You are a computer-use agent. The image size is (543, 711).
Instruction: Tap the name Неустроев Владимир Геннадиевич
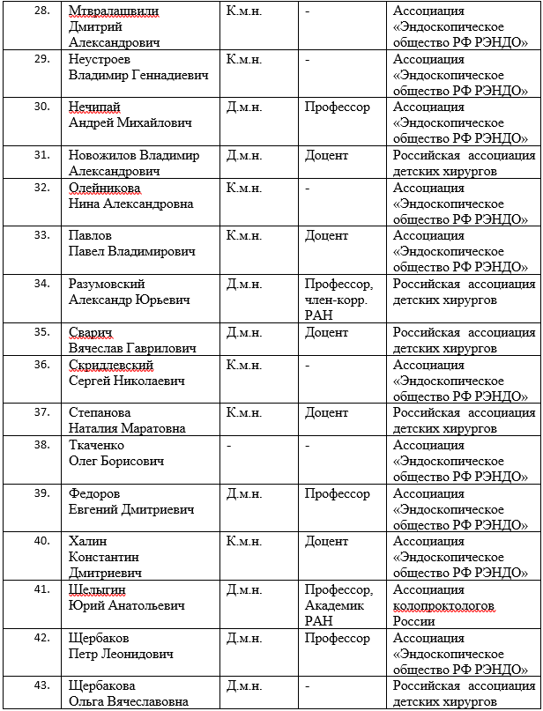coord(138,68)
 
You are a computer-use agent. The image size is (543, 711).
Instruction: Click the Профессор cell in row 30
coord(338,107)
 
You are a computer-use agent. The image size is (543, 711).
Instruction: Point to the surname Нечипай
coord(94,107)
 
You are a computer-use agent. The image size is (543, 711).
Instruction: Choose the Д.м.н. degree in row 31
coord(244,155)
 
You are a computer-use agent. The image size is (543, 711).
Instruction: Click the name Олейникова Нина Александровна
coord(130,196)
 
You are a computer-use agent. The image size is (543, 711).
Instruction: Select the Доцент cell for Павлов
coord(326,236)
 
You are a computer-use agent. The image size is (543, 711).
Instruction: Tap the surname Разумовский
coord(107,284)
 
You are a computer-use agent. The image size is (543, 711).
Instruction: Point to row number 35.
coord(41,332)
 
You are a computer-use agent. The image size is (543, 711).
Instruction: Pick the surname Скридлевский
coord(111,365)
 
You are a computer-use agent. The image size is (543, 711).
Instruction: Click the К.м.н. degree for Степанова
coord(244,412)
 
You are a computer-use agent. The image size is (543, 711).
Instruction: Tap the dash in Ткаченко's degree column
coord(229,445)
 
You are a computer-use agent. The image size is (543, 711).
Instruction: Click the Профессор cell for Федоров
coord(338,493)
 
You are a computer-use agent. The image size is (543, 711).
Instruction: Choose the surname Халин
coord(90,541)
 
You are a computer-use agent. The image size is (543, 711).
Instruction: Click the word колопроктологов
coord(443,605)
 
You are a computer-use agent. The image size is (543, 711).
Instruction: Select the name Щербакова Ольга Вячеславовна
coord(128,693)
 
